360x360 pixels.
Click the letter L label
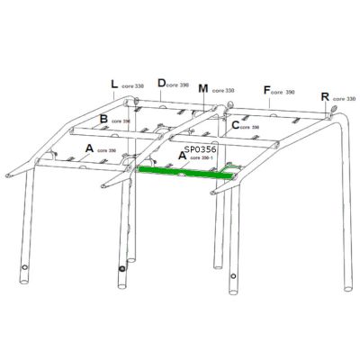pos(114,85)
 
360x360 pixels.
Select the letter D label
pos(162,83)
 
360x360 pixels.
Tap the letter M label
pos(203,89)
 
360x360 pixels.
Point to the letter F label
pos(266,90)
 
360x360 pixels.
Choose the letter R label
pos(325,96)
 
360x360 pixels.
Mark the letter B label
pos(104,119)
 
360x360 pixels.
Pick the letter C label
pos(235,125)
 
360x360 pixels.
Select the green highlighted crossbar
pos(188,170)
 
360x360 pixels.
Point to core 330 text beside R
pos(344,99)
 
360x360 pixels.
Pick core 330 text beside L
pos(133,87)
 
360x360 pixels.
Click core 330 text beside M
pos(222,91)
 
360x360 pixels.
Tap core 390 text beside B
pos(121,121)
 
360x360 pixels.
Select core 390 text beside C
pos(251,128)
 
